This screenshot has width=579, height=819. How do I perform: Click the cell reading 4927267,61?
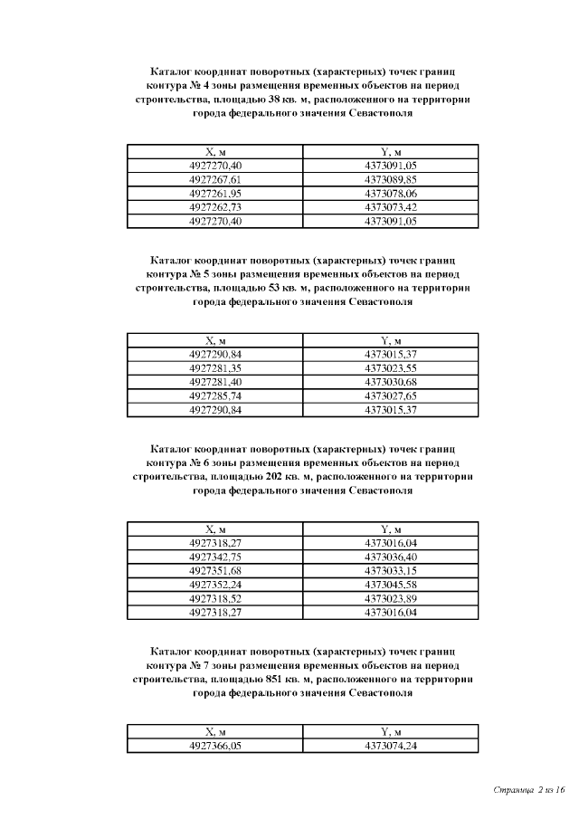[x=215, y=180]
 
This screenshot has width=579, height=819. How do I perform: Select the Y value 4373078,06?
[x=391, y=194]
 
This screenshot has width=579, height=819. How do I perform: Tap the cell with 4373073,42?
[x=391, y=207]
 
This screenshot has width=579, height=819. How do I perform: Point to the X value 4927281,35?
[x=215, y=369]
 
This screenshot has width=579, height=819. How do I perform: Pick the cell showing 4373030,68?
[x=391, y=383]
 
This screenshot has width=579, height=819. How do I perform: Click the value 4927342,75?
[x=215, y=557]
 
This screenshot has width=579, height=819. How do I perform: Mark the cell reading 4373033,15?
[x=391, y=571]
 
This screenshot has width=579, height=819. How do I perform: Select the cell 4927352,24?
[x=215, y=585]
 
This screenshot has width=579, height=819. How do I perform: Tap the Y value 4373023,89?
[x=391, y=598]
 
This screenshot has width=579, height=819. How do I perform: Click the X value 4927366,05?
[x=215, y=746]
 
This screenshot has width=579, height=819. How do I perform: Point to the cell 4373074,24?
[x=391, y=746]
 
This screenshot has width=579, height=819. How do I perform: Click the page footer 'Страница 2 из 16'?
[x=529, y=790]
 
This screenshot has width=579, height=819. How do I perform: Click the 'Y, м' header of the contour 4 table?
[x=391, y=152]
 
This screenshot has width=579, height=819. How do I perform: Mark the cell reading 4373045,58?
[x=391, y=585]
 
